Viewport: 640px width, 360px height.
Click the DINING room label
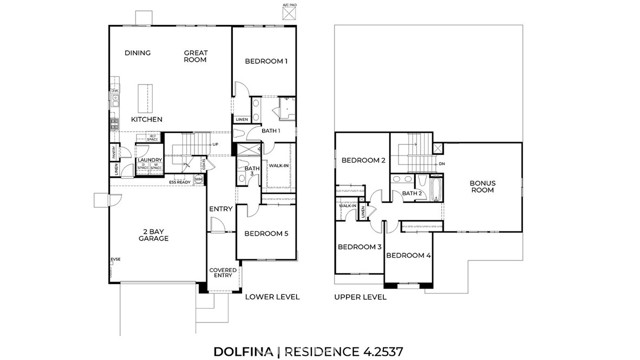click(x=138, y=53)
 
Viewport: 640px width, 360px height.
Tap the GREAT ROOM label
click(x=195, y=56)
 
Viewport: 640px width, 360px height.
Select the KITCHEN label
click(x=146, y=119)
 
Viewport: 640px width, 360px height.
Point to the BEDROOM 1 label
click(x=267, y=62)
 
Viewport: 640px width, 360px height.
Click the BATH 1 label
click(x=270, y=131)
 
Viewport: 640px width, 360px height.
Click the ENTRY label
click(x=220, y=208)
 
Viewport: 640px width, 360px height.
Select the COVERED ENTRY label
click(x=221, y=273)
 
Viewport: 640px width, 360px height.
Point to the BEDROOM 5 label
click(x=266, y=233)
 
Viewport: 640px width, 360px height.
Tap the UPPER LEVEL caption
click(x=361, y=297)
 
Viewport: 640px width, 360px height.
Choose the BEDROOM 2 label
click(x=363, y=160)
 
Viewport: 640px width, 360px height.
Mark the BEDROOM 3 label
click(x=359, y=246)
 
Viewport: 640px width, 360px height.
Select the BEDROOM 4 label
click(x=410, y=256)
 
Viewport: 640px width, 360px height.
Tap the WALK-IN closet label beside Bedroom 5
click(x=279, y=165)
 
